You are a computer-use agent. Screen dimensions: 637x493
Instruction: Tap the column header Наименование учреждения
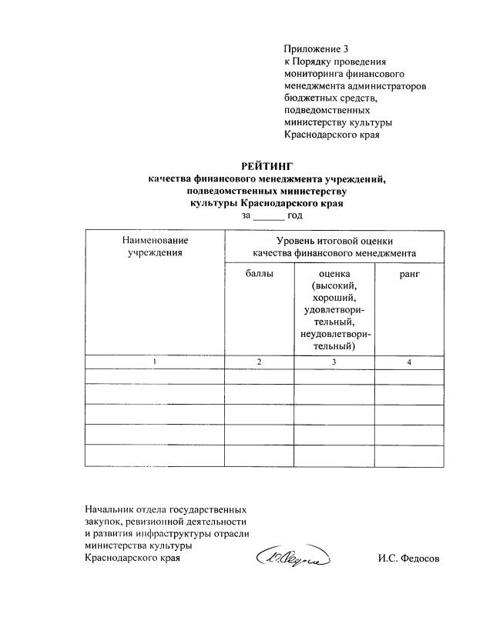[155, 246]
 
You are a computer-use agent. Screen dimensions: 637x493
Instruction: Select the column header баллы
[259, 273]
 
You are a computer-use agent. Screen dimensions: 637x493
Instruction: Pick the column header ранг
[409, 273]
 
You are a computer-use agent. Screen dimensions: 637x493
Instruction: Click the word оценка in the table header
[334, 273]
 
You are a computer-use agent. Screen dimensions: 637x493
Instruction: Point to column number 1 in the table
[155, 362]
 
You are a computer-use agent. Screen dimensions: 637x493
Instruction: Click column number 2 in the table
[259, 362]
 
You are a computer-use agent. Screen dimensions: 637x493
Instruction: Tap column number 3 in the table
[334, 362]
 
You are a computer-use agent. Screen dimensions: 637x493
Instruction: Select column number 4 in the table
[409, 362]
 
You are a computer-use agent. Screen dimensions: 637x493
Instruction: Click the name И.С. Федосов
[408, 559]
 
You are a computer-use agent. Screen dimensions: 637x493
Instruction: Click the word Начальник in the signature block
[113, 509]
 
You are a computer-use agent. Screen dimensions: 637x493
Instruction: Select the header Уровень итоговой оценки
[334, 240]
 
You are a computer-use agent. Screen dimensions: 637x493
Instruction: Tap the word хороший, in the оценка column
[334, 298]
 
